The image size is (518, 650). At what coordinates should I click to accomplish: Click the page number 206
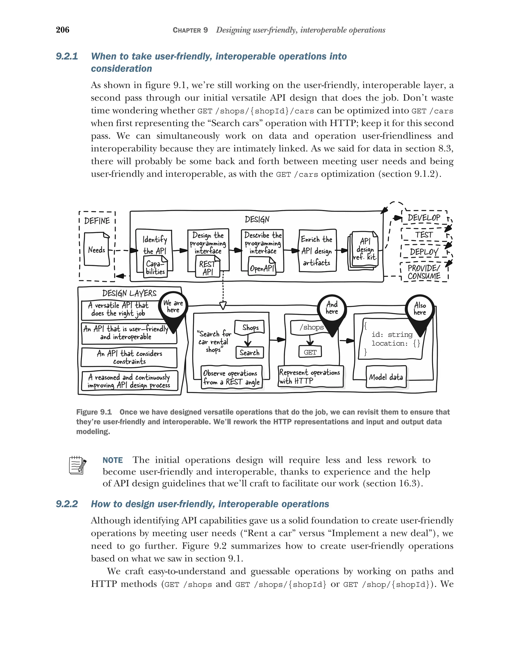[x=62, y=30]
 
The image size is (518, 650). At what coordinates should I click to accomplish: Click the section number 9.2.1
[x=67, y=56]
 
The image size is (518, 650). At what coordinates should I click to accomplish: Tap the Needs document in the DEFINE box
[x=96, y=249]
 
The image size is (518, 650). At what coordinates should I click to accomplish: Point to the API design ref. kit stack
[x=364, y=250]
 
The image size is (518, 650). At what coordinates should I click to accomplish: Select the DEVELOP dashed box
[x=424, y=217]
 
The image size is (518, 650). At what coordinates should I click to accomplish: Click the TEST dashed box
[x=424, y=235]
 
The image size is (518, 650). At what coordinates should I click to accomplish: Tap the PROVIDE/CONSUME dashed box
[x=424, y=272]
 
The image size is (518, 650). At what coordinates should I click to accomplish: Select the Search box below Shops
[x=249, y=352]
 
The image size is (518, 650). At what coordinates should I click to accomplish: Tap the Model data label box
[x=386, y=377]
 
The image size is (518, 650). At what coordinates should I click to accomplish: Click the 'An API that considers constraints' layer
[x=129, y=357]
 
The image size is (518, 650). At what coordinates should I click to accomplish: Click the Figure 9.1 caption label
[x=94, y=412]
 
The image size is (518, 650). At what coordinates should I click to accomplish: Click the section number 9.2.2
[x=67, y=504]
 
